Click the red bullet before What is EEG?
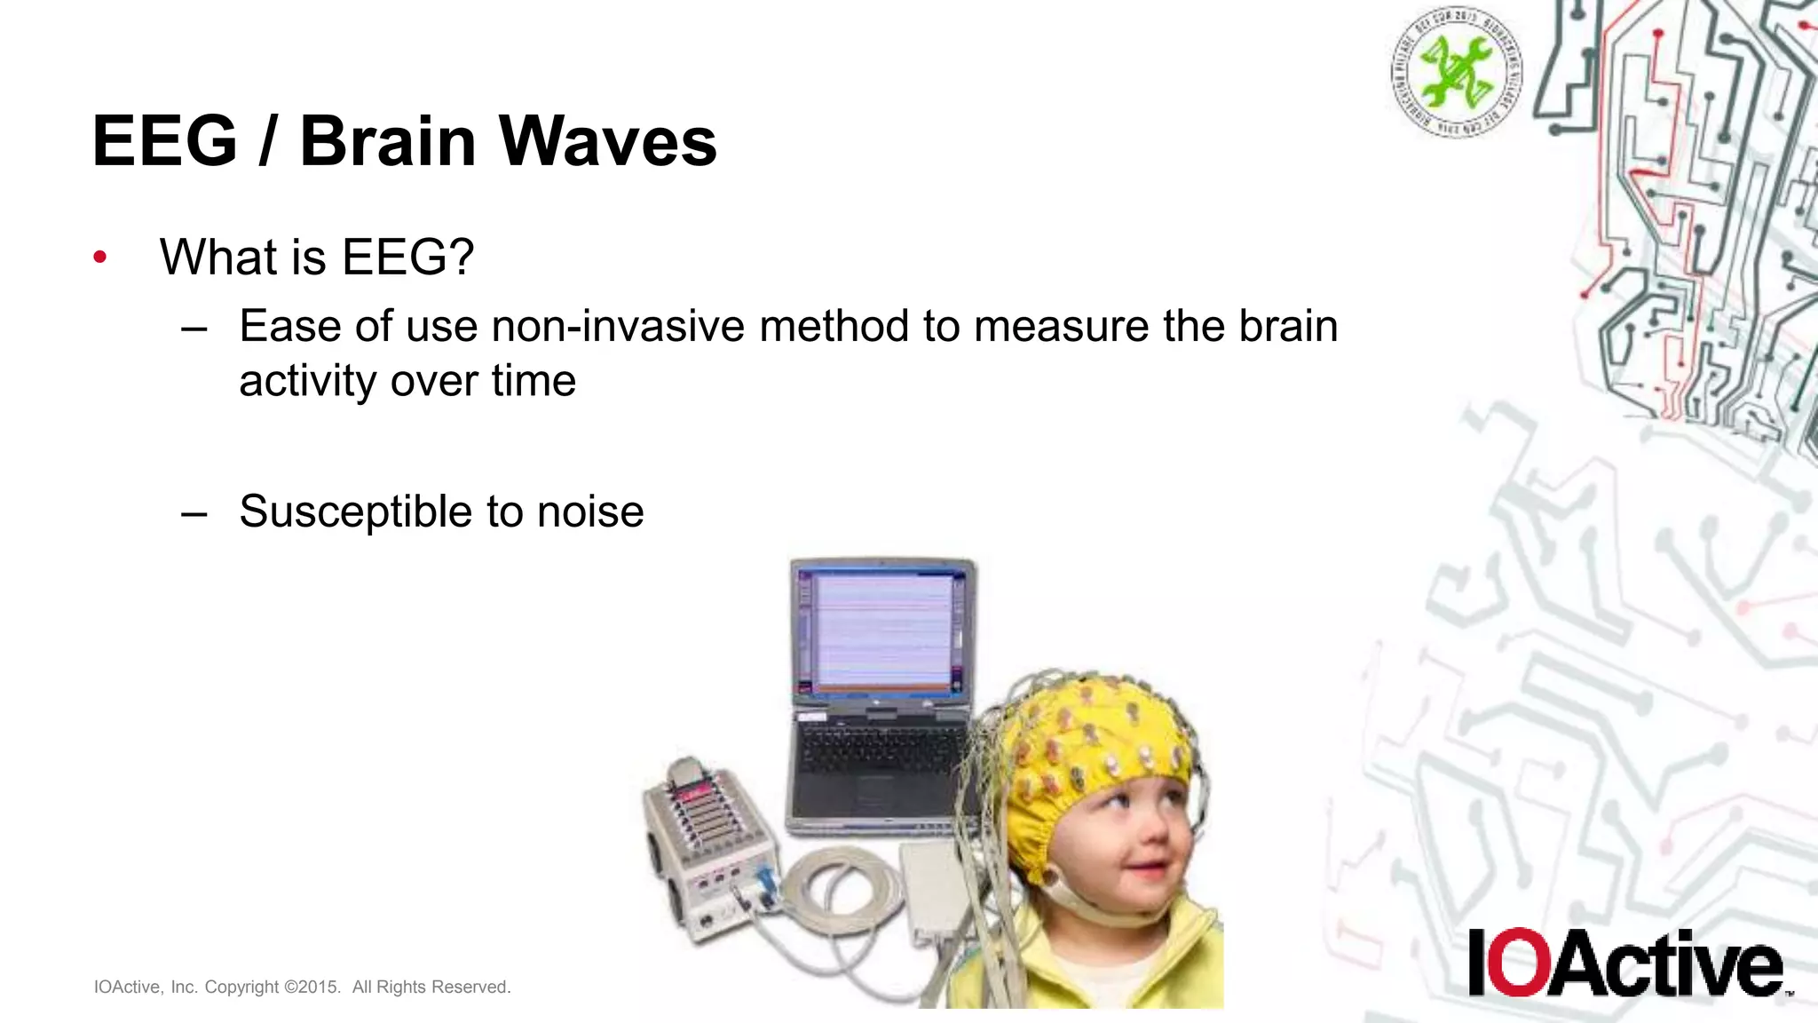100,258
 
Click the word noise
590,511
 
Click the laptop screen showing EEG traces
880,630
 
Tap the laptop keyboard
879,750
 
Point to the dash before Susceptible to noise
194,513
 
